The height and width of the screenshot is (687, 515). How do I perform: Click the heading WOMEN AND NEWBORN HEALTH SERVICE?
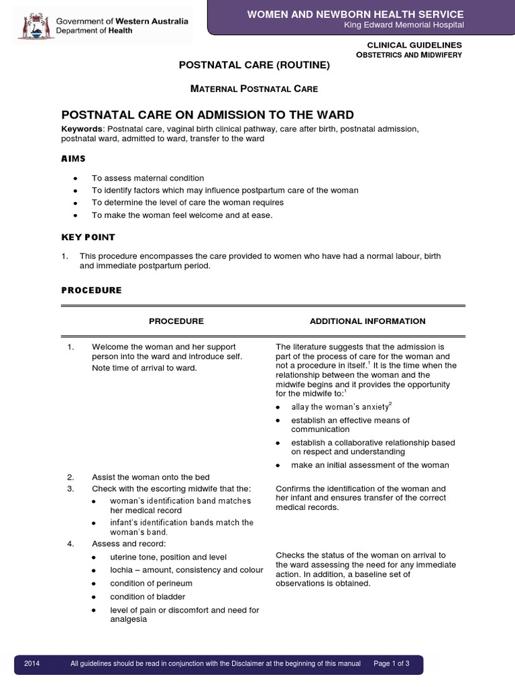click(x=355, y=14)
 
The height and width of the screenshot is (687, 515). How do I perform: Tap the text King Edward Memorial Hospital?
click(x=404, y=25)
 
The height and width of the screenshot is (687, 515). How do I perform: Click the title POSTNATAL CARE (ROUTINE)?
click(x=254, y=65)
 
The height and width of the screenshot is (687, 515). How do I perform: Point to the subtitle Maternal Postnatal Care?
click(x=254, y=89)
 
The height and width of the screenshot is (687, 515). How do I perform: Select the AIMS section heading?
click(x=74, y=159)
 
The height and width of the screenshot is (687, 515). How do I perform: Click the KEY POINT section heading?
click(x=89, y=237)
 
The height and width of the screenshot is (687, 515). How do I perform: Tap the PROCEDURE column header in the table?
click(x=176, y=321)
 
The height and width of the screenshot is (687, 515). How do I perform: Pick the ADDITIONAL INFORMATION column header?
click(x=367, y=321)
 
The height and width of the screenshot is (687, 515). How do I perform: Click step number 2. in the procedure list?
click(x=70, y=477)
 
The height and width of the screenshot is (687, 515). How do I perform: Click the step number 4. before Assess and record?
click(x=70, y=543)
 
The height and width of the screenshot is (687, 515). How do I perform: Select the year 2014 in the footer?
click(x=32, y=664)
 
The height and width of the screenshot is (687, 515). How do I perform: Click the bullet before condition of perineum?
click(x=95, y=584)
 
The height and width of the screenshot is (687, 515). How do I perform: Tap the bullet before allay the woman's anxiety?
click(x=279, y=407)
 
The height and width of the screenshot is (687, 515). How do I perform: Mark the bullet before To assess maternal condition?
click(x=76, y=178)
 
